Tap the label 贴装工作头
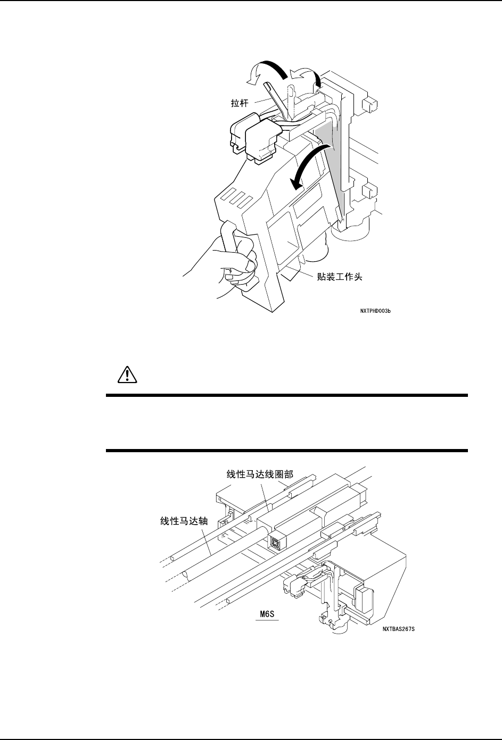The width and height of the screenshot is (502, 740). (340, 277)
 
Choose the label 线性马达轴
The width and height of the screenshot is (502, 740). (184, 521)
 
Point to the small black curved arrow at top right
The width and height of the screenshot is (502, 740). (315, 78)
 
